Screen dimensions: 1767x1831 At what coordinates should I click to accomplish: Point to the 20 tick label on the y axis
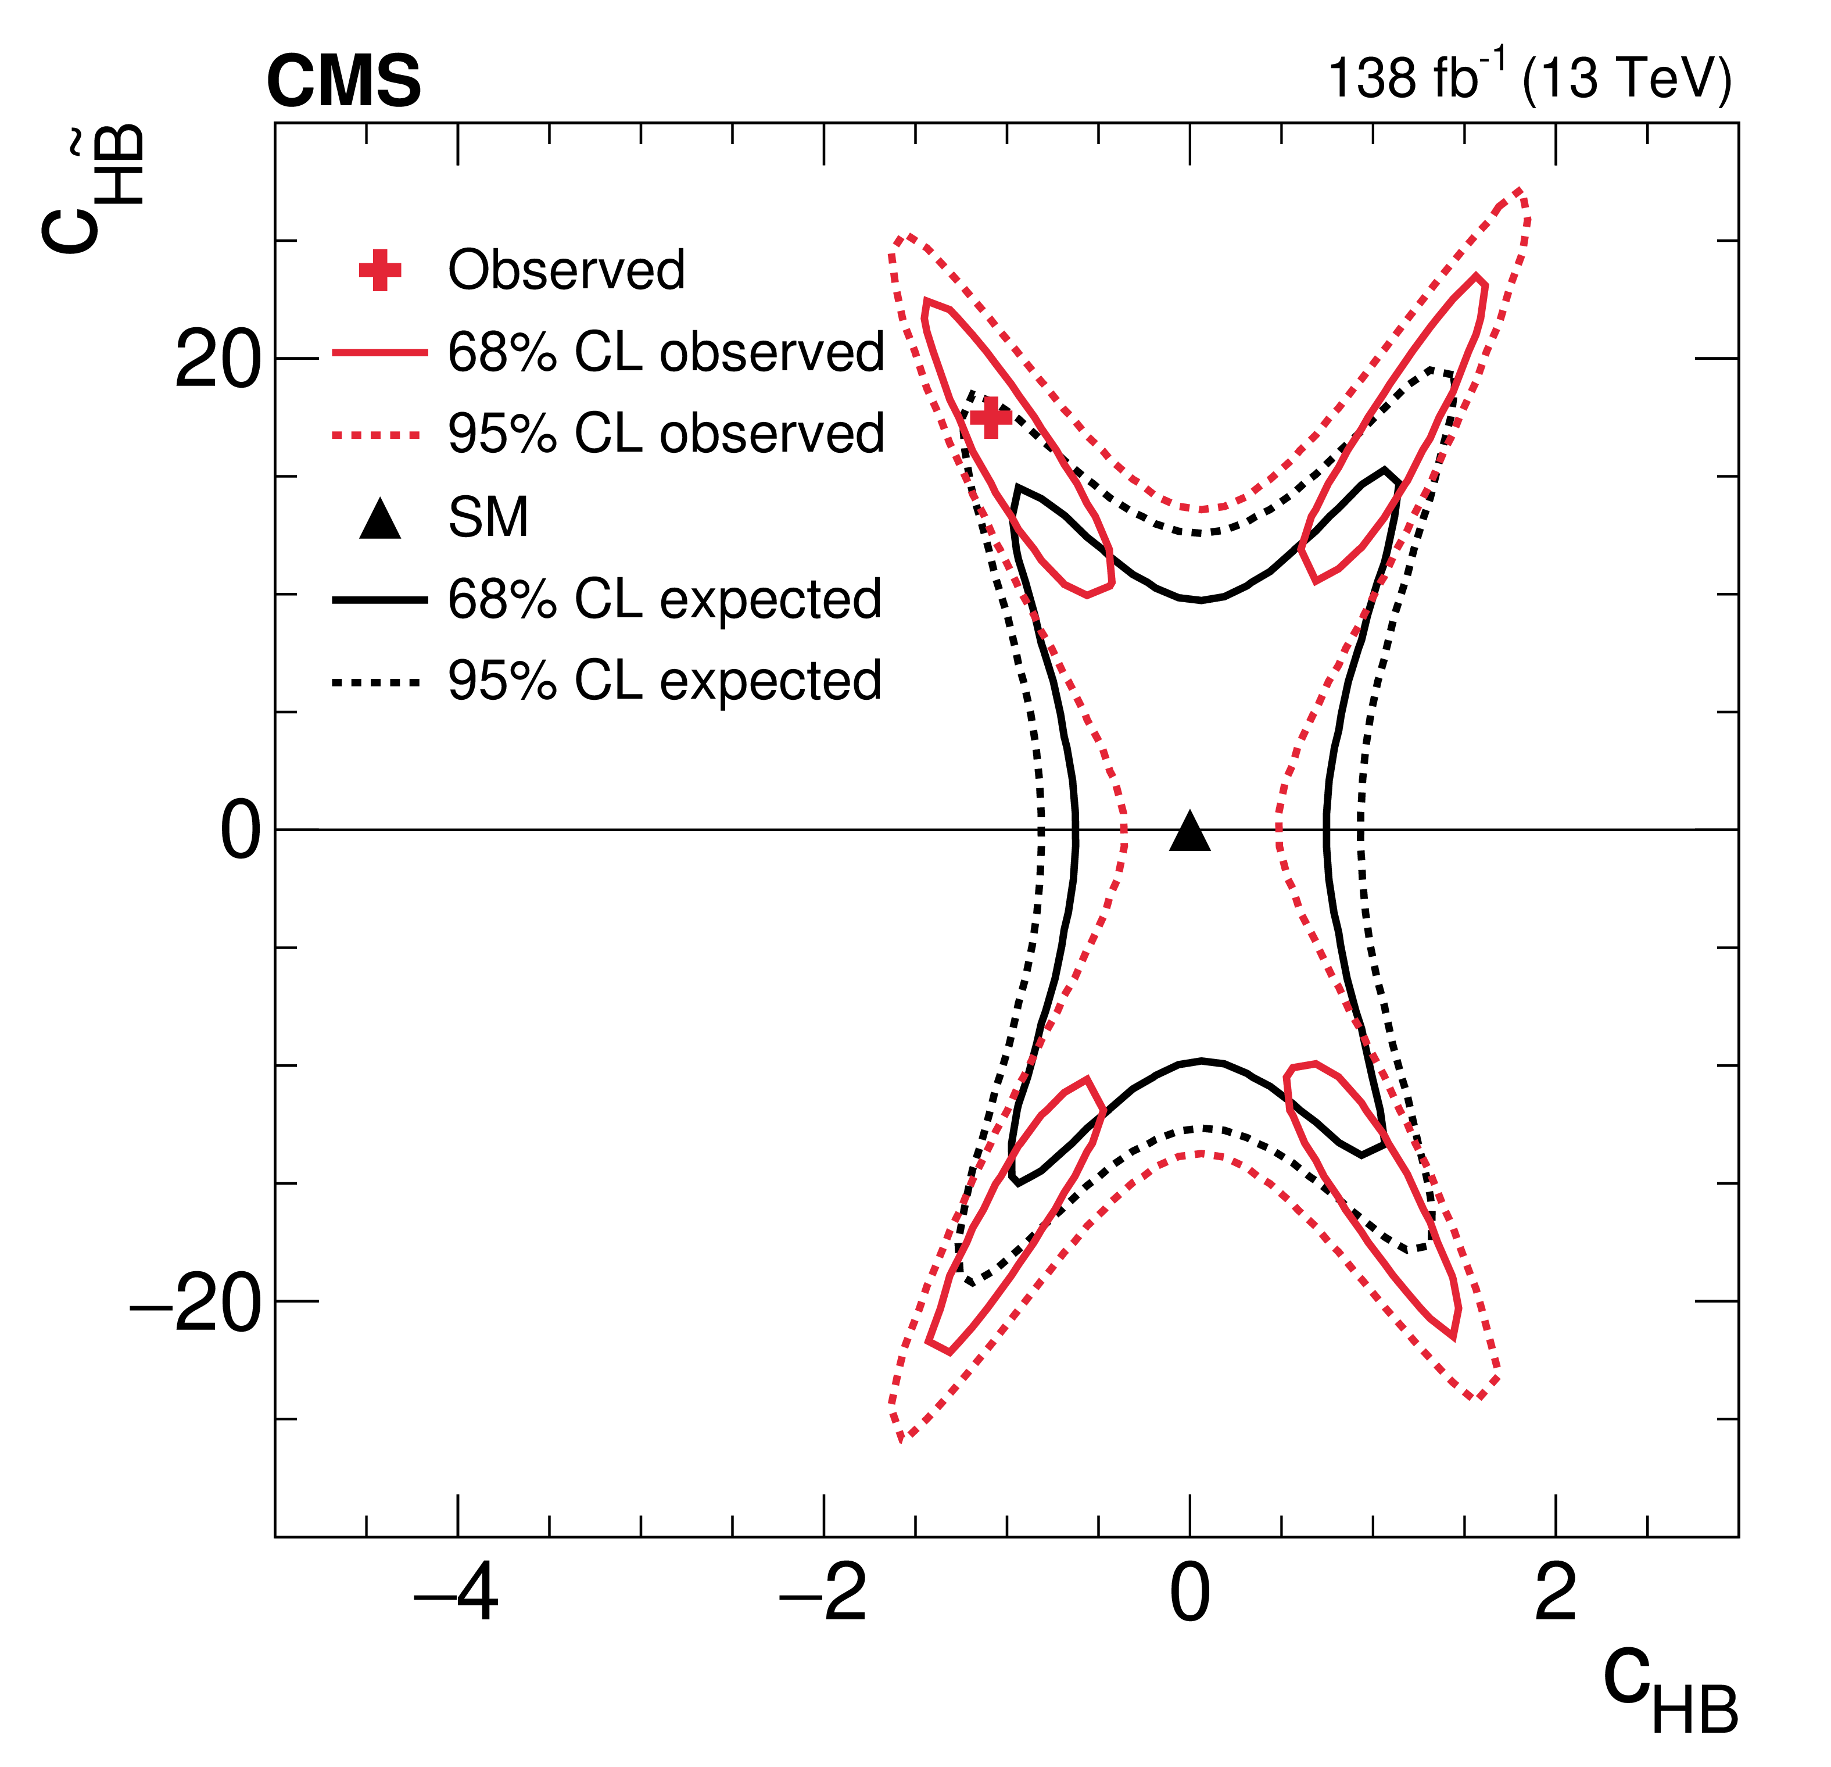[217, 360]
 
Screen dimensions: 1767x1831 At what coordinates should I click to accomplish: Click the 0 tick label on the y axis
[240, 832]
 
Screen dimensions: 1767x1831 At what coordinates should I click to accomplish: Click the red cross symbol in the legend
[380, 270]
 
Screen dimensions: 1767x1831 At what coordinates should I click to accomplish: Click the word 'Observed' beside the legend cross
[566, 270]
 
